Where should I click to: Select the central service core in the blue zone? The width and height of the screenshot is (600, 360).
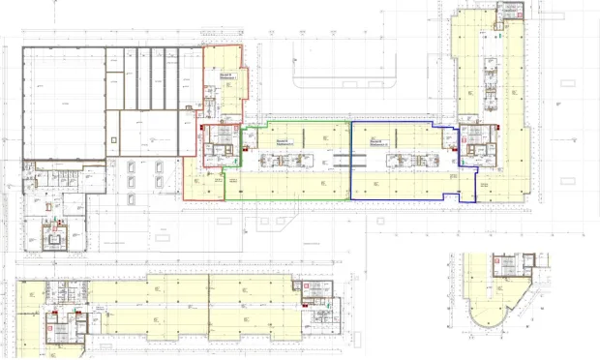click(x=403, y=159)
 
